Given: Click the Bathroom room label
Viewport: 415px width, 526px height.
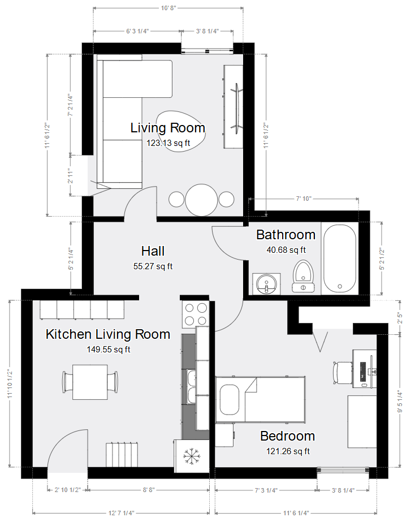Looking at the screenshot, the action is (286, 235).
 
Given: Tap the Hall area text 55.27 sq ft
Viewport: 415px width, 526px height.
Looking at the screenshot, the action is (153, 266).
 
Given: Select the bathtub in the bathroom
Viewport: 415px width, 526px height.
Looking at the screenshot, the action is (340, 258).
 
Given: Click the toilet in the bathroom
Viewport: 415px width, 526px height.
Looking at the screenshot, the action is (304, 276).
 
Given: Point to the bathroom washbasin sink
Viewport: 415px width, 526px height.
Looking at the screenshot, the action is (266, 284).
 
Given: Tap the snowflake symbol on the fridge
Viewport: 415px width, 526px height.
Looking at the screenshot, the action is (192, 456).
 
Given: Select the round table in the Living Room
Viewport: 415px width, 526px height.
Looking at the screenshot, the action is (201, 200).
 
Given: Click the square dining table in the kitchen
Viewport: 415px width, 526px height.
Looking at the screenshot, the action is (90, 382).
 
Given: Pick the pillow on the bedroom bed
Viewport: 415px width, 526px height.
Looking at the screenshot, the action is (230, 400).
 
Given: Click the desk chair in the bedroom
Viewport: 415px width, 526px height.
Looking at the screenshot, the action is (342, 373).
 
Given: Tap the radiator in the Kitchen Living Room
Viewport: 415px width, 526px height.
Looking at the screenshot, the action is (122, 455).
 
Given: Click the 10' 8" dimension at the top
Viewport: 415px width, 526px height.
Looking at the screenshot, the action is (168, 8).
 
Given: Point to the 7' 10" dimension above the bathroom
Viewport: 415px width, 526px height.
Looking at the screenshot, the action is (304, 199).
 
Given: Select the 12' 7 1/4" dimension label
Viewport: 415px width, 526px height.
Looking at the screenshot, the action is (122, 513).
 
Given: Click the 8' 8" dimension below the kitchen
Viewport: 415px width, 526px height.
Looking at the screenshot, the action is (149, 490).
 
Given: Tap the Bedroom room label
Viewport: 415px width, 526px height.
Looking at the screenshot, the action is (288, 436).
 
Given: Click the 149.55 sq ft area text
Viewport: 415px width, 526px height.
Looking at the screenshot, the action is (109, 350).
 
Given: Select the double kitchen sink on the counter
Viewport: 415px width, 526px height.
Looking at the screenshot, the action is (191, 387).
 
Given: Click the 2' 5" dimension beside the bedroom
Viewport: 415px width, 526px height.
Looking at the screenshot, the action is (400, 318).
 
